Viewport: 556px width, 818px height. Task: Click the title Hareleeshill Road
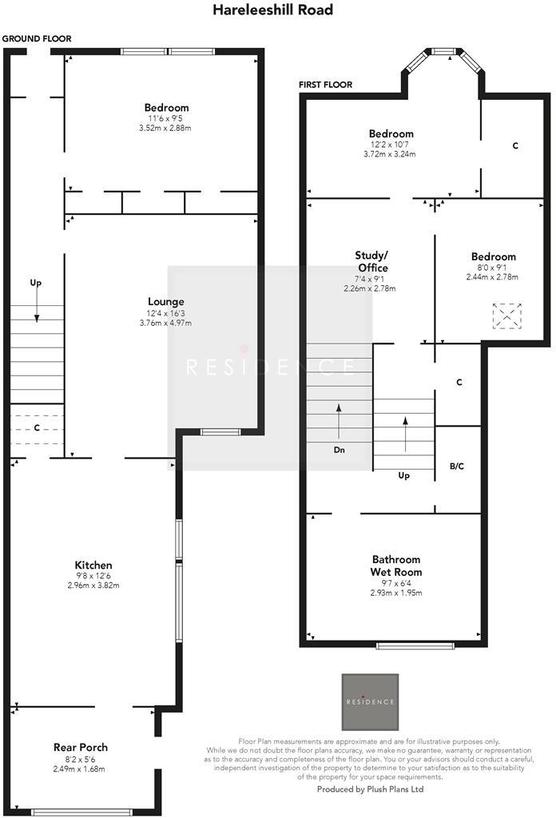(x=273, y=10)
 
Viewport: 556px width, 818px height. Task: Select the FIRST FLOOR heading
(x=325, y=85)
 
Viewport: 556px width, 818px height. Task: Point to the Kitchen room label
(x=93, y=565)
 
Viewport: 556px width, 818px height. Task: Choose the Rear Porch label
(x=80, y=748)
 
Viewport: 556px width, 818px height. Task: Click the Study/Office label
(x=371, y=261)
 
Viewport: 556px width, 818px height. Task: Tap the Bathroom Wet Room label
(x=395, y=566)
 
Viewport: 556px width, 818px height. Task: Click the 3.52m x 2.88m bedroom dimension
(x=166, y=128)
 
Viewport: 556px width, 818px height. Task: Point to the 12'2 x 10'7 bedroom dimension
(x=391, y=145)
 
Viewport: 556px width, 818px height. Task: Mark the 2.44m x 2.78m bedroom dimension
(x=492, y=277)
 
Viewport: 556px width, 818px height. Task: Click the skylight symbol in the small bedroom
(x=506, y=316)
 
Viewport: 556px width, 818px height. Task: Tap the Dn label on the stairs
(x=338, y=449)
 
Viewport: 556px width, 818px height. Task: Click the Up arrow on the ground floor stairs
(x=37, y=309)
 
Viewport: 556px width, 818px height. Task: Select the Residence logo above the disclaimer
(x=370, y=701)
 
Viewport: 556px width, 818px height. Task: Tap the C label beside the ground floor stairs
(x=37, y=428)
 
